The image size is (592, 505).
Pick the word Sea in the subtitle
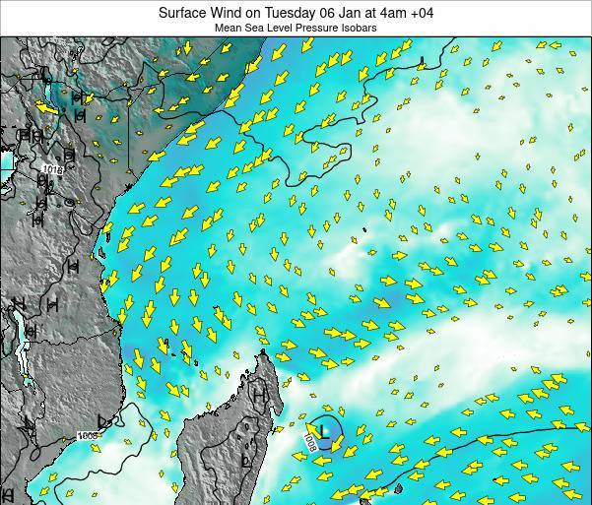point(269,30)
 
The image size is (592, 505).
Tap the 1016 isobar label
point(52,170)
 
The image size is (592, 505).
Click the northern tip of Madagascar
point(263,355)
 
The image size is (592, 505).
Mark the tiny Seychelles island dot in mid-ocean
point(363,231)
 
